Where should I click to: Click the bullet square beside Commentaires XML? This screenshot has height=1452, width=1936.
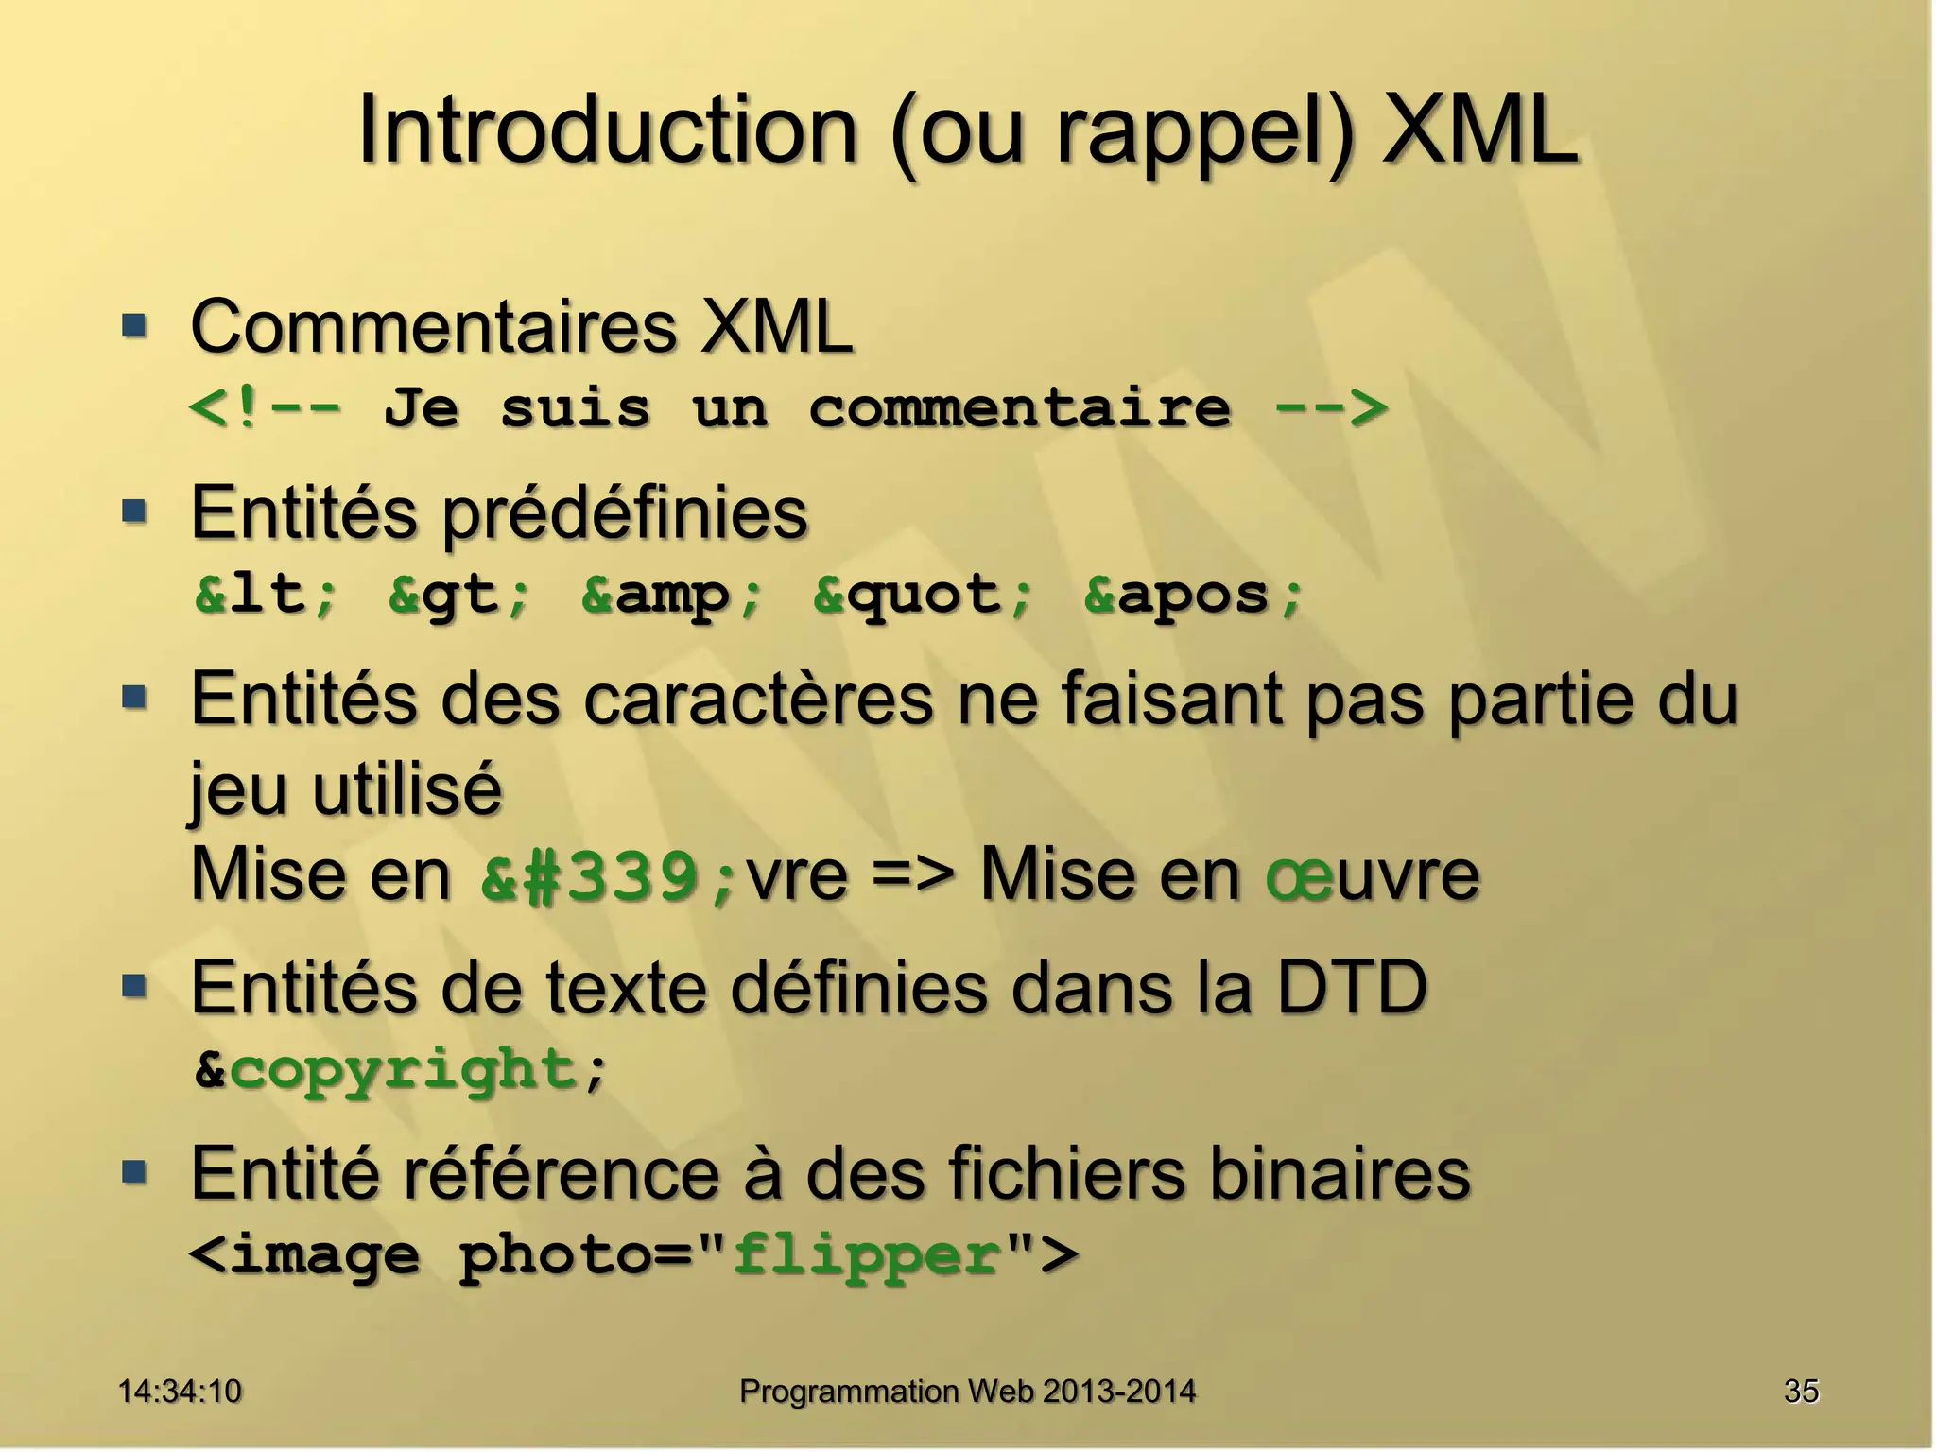135,327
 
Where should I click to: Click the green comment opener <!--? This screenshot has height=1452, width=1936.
265,409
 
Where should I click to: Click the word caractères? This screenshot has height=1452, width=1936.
757,700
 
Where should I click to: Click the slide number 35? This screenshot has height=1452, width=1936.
1801,1391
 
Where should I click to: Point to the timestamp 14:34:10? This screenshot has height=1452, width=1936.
180,1391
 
